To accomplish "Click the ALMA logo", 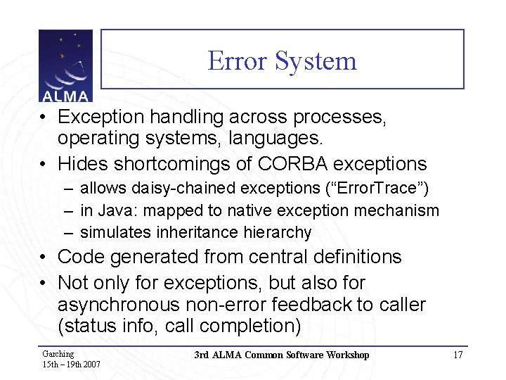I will point(65,66).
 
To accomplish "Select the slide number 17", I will point(458,355).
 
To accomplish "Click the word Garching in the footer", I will point(58,354).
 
